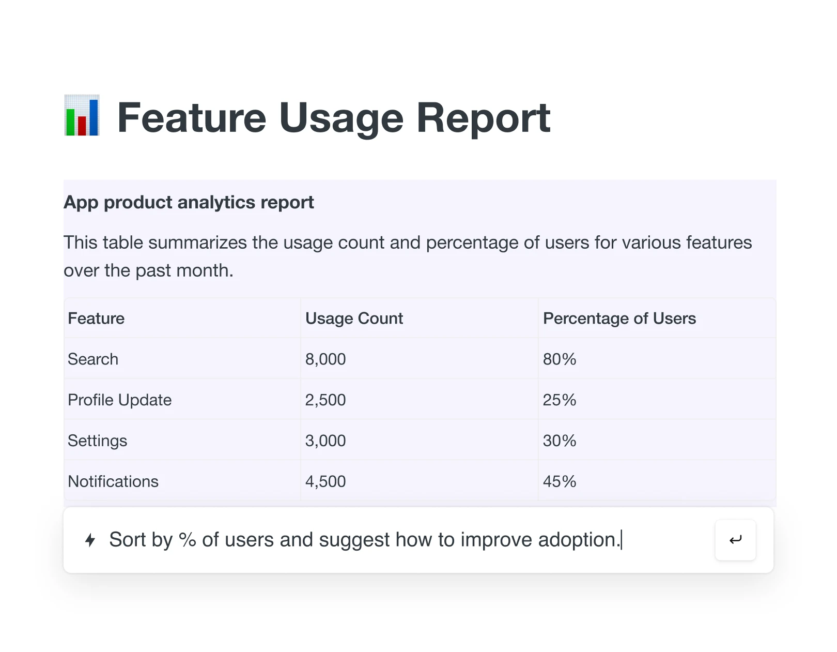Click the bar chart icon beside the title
[82, 115]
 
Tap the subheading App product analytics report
[189, 202]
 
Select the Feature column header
[96, 319]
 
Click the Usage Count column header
[354, 319]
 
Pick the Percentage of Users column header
[619, 319]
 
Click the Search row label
[93, 359]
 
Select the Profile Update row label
[119, 400]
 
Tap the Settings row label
[97, 441]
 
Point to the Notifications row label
[113, 481]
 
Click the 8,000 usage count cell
[326, 359]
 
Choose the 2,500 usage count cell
[326, 400]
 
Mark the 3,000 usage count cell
[326, 441]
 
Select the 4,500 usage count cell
[326, 481]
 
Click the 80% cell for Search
[559, 359]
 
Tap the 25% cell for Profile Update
[559, 400]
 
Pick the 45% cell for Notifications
[559, 481]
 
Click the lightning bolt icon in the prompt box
[90, 540]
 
